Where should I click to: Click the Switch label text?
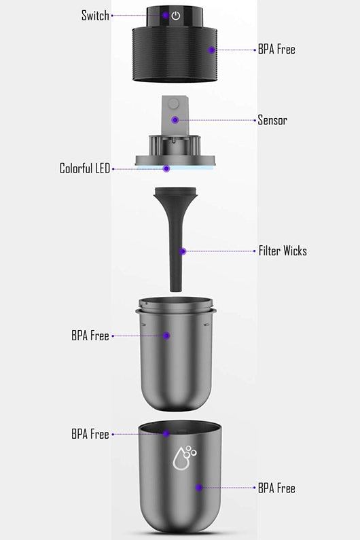tap(95, 16)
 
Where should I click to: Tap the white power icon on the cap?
tap(176, 16)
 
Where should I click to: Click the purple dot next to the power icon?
tap(166, 16)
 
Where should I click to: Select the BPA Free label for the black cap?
tap(276, 50)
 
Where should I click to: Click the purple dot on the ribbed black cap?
tap(211, 50)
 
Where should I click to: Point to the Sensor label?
tap(272, 120)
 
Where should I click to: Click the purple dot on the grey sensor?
tap(175, 120)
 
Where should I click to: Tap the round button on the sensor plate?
tap(175, 104)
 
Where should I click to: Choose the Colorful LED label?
tap(85, 168)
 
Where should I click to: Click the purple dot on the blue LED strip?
tap(166, 168)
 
